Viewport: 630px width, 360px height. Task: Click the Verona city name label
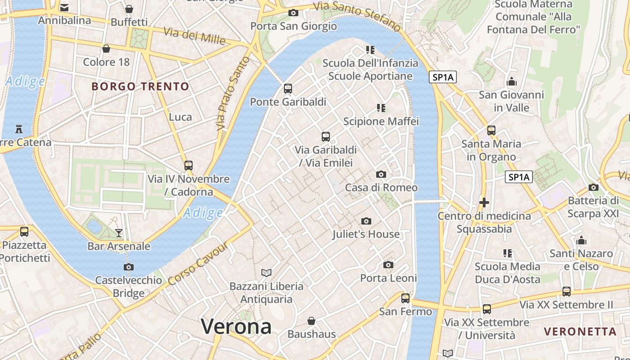click(x=236, y=326)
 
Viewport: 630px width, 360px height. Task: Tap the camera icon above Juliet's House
click(x=366, y=221)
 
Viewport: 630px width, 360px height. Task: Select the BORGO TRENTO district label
click(x=140, y=86)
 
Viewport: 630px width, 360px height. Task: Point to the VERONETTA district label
click(x=580, y=332)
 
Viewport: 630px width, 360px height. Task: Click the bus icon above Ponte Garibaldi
click(x=288, y=89)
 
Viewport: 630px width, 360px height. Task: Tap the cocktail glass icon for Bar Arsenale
click(x=119, y=233)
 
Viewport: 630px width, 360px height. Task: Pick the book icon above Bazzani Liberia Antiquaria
click(x=266, y=273)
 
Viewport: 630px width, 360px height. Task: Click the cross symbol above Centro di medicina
click(x=484, y=202)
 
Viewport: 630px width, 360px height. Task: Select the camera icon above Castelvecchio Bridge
click(x=129, y=267)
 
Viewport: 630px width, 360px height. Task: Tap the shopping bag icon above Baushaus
click(x=311, y=321)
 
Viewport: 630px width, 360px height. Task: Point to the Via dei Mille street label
click(x=194, y=36)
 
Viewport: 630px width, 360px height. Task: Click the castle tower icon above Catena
click(x=19, y=129)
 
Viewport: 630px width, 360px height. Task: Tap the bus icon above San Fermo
click(x=405, y=298)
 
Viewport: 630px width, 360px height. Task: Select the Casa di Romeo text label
click(x=381, y=188)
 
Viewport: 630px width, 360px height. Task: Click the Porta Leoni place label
click(x=388, y=278)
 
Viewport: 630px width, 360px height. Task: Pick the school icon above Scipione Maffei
click(x=381, y=108)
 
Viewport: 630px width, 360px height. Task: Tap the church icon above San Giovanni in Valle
click(x=512, y=82)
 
